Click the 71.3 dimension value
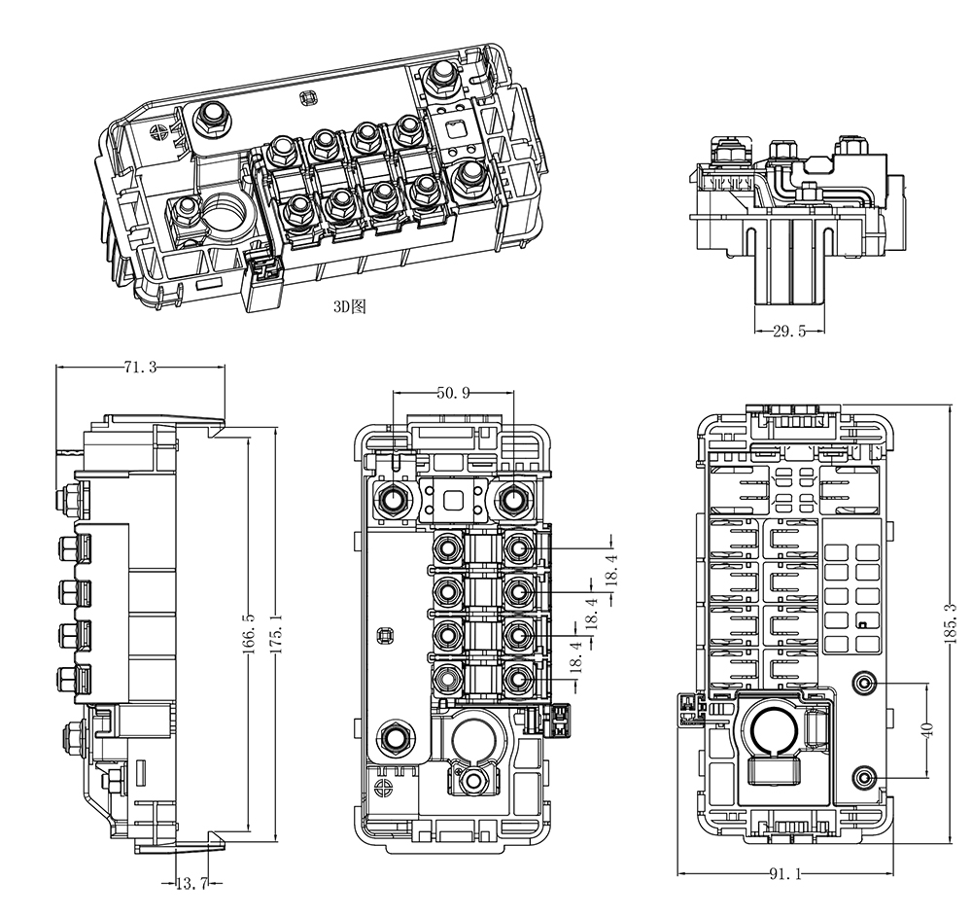click(x=141, y=368)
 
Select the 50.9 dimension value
click(x=453, y=393)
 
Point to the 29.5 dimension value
click(x=789, y=332)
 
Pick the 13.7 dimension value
click(x=191, y=883)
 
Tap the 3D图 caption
click(x=349, y=305)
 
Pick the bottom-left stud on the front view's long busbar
click(x=396, y=736)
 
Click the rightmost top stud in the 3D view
click(x=443, y=77)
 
